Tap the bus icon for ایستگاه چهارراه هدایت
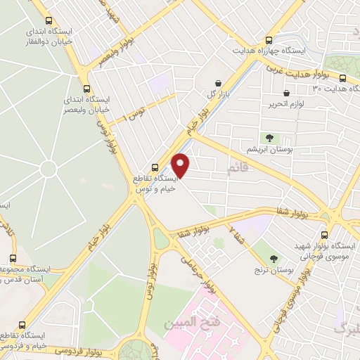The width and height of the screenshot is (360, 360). pyautogui.click(x=268, y=40)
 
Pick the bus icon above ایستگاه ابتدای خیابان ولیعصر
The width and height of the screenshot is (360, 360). pyautogui.click(x=86, y=89)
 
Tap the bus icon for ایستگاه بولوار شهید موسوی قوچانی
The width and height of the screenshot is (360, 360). pyautogui.click(x=324, y=236)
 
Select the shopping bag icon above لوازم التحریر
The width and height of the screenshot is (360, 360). pyautogui.click(x=285, y=93)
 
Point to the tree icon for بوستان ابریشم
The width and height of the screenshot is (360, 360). pyautogui.click(x=267, y=137)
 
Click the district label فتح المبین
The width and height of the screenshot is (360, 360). pyautogui.click(x=188, y=324)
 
